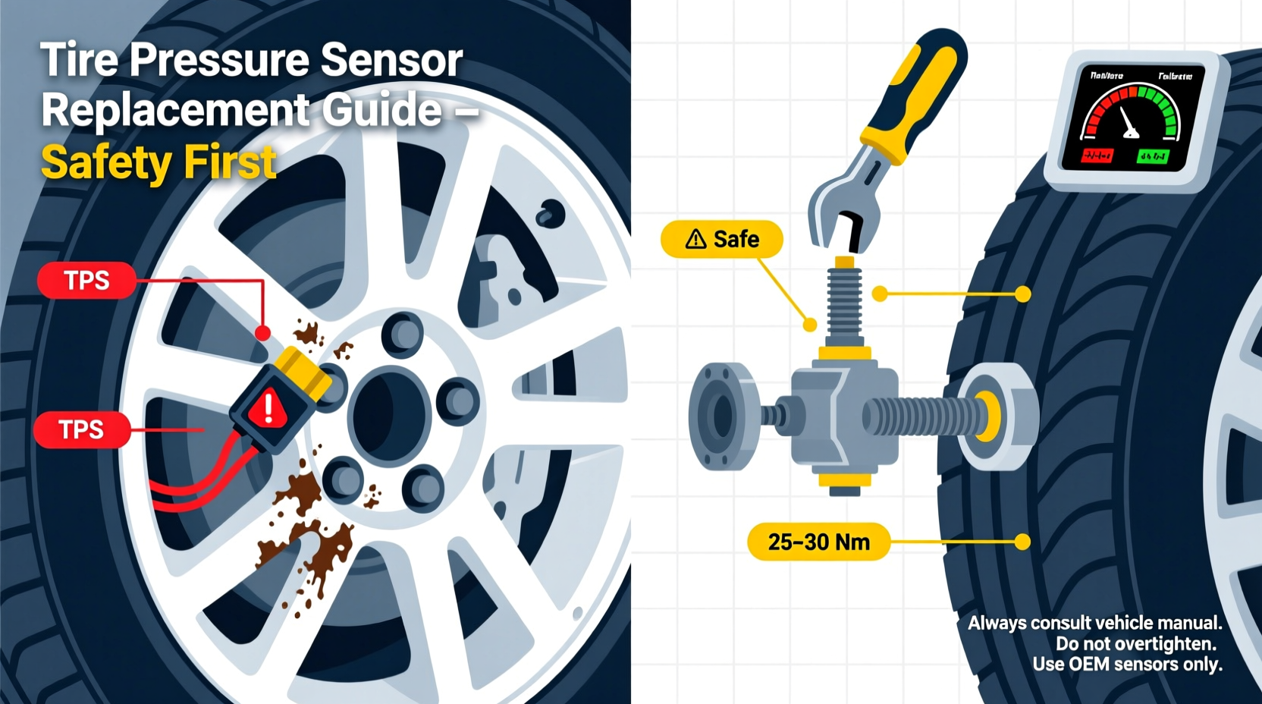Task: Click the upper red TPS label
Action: [86, 280]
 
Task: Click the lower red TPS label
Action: [81, 430]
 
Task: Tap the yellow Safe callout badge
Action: [722, 240]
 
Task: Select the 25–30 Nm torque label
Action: [818, 542]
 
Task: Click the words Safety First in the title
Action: [159, 162]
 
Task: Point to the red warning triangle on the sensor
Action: [268, 409]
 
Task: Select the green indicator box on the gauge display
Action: [1153, 156]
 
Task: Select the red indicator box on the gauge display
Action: [1097, 156]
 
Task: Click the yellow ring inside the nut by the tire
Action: [987, 416]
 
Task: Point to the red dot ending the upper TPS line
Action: [262, 332]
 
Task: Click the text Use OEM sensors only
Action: [1127, 665]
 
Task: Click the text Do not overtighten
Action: [1135, 644]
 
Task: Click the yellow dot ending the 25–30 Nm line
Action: [1022, 542]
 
